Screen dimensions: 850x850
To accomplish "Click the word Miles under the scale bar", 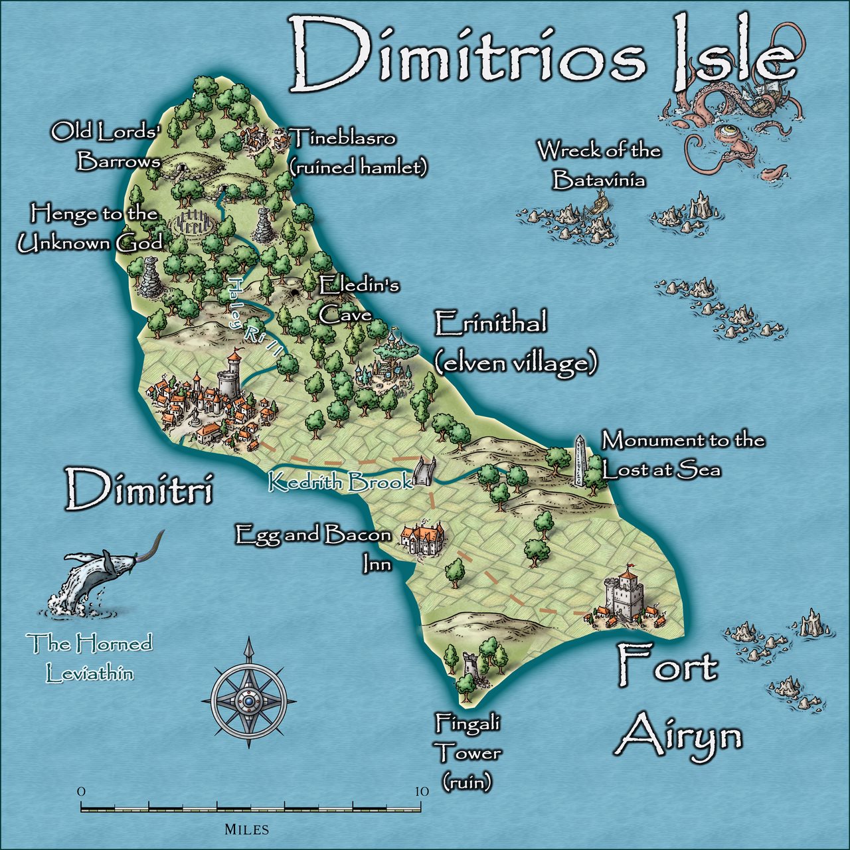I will [x=246, y=829].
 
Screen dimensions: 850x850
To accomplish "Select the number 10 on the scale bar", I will [x=421, y=792].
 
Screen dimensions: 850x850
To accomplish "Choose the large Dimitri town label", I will [x=139, y=488].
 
